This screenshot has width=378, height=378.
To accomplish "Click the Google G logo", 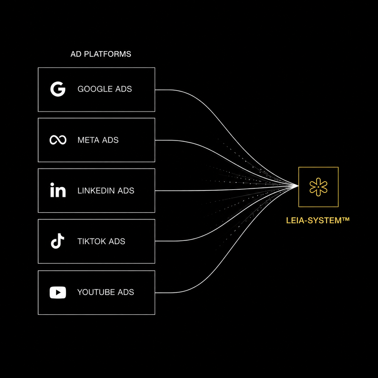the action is tap(58, 89).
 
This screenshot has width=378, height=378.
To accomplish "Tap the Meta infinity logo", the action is tap(58, 140).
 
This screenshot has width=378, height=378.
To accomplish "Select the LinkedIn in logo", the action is tap(58, 190).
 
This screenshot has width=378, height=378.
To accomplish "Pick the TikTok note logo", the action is tap(58, 241).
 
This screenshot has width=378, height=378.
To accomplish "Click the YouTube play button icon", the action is tap(58, 292).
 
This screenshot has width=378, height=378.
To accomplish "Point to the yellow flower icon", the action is tap(318, 187).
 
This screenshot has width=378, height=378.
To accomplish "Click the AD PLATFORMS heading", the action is tap(101, 54).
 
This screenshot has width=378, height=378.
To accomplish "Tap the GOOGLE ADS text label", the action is tap(105, 89).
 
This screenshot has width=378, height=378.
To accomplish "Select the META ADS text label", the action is tap(98, 140).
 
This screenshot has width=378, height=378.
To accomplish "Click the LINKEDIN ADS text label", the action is tap(106, 191).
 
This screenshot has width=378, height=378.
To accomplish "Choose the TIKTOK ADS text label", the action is tap(101, 241).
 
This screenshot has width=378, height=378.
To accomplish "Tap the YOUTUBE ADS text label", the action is tap(106, 292).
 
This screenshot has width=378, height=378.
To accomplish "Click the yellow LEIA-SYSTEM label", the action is tap(318, 220).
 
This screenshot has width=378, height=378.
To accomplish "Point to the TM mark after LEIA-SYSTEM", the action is tap(346, 219).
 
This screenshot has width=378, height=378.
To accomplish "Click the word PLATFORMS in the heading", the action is tap(108, 54).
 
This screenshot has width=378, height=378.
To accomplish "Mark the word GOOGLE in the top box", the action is tap(95, 89).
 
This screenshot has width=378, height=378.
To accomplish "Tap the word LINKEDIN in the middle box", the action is tap(96, 191).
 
